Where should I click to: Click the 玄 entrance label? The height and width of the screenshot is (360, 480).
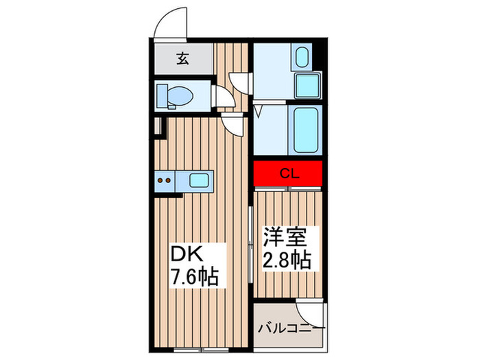183,60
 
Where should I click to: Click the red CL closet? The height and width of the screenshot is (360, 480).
288,173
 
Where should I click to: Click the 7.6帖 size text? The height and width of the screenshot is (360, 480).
195,277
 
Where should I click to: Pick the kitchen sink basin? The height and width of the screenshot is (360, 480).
200,182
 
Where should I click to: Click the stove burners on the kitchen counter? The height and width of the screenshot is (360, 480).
165,182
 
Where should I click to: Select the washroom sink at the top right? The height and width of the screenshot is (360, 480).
302,56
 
